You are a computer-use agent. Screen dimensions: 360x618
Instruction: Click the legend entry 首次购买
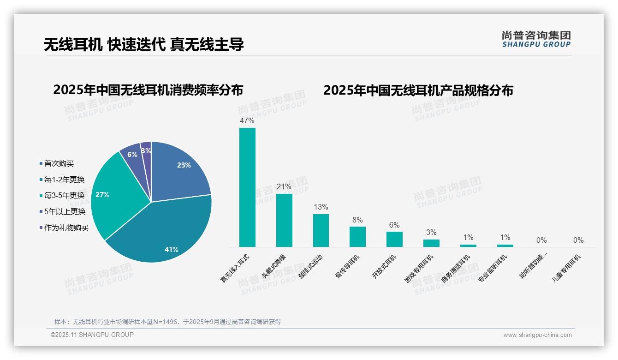(59, 163)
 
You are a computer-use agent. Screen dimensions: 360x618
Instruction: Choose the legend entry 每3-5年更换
(64, 196)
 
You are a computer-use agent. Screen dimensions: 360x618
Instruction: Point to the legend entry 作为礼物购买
(66, 228)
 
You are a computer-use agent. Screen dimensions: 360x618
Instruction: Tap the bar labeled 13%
(321, 230)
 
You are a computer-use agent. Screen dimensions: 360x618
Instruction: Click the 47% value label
(247, 120)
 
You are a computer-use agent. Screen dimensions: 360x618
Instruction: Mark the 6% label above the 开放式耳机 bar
(394, 225)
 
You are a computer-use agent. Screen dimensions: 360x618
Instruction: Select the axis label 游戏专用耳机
(419, 268)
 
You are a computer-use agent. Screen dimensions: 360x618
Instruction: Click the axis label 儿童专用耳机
(567, 268)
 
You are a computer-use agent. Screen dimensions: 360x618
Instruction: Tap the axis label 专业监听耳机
(493, 268)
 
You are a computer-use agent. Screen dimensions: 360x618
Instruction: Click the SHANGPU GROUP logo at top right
(536, 39)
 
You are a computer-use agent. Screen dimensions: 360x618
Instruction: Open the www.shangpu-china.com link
(537, 335)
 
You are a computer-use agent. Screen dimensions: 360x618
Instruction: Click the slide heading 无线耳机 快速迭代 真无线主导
(144, 44)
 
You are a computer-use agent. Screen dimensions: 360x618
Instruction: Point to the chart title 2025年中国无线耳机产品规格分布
(418, 90)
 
